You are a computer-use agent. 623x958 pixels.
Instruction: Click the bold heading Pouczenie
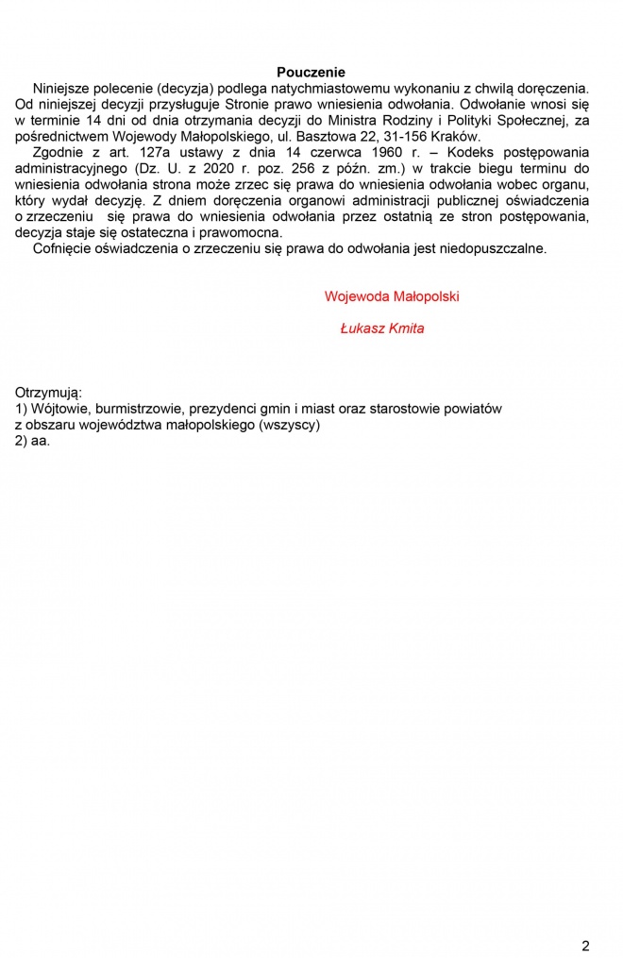[x=311, y=73]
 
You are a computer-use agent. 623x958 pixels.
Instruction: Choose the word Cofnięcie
[x=64, y=249]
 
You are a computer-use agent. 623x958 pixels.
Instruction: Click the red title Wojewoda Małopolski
[x=392, y=296]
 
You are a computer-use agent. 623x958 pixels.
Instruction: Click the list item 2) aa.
[x=32, y=441]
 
